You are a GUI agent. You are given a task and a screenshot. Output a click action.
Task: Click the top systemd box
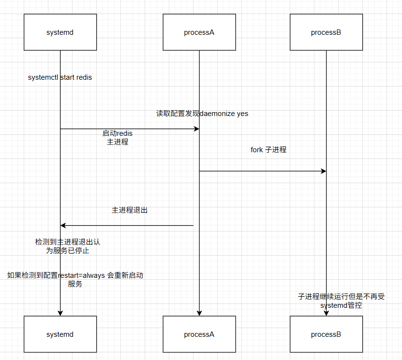(x=60, y=32)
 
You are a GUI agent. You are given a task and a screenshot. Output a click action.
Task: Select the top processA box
(x=199, y=32)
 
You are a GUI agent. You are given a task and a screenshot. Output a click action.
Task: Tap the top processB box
(x=326, y=32)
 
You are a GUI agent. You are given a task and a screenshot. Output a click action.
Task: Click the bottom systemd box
(x=60, y=334)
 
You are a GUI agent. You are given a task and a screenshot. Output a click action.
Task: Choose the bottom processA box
(x=199, y=334)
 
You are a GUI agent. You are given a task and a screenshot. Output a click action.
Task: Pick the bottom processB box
(x=326, y=334)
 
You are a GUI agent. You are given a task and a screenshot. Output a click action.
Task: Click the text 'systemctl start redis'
(x=60, y=77)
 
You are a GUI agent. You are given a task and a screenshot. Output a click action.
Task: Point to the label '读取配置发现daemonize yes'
(x=202, y=114)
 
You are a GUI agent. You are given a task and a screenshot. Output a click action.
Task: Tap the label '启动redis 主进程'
(x=118, y=137)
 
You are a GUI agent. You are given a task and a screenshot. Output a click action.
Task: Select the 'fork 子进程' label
(x=268, y=150)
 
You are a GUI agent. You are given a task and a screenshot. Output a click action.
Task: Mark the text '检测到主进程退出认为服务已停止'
(x=68, y=246)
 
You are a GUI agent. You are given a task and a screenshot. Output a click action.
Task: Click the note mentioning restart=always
(x=75, y=279)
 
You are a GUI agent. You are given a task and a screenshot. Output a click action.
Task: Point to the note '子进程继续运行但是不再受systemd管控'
(x=341, y=301)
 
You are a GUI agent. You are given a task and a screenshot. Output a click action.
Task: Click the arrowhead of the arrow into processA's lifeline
(x=196, y=129)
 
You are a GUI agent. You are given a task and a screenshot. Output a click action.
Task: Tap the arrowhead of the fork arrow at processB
(x=324, y=171)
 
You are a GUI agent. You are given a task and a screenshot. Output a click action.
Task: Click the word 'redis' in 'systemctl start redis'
(x=84, y=77)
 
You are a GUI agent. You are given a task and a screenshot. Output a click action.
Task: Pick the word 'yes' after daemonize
(x=242, y=114)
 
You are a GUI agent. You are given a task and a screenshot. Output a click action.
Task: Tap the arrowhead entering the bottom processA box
(x=199, y=313)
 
